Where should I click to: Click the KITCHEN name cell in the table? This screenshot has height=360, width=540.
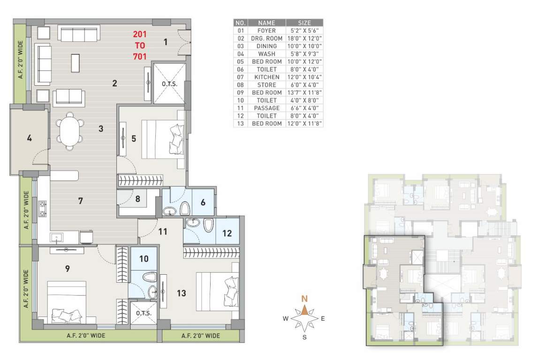(266, 77)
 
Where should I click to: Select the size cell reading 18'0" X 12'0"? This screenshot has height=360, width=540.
(304, 38)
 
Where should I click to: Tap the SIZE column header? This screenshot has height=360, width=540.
(304, 22)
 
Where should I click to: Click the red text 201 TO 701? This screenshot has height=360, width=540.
(140, 45)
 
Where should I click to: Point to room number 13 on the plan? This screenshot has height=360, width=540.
(182, 293)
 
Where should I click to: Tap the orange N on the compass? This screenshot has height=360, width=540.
(304, 299)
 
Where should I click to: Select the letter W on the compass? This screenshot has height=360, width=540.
(285, 319)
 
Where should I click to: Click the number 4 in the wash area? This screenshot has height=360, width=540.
(29, 139)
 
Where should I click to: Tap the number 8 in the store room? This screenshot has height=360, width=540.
(137, 198)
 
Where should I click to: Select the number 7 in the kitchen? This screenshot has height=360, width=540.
(81, 201)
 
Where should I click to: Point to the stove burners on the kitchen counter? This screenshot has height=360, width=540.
(42, 210)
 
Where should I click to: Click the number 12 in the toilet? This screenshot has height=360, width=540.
(226, 232)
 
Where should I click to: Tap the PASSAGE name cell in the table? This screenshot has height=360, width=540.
(266, 108)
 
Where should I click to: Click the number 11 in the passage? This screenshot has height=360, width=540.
(163, 231)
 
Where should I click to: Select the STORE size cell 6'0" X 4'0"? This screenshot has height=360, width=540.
(304, 85)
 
